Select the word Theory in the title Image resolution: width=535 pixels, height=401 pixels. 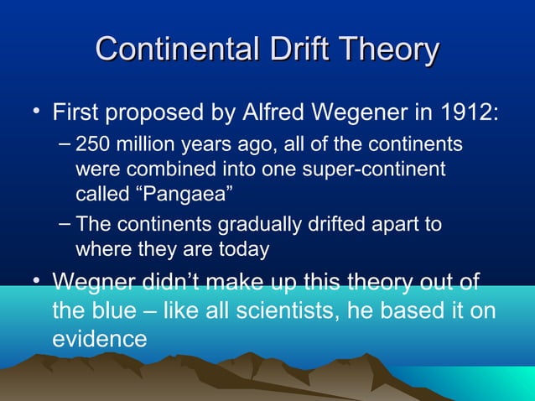tap(392, 49)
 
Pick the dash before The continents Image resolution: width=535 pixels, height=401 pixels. tap(66, 225)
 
